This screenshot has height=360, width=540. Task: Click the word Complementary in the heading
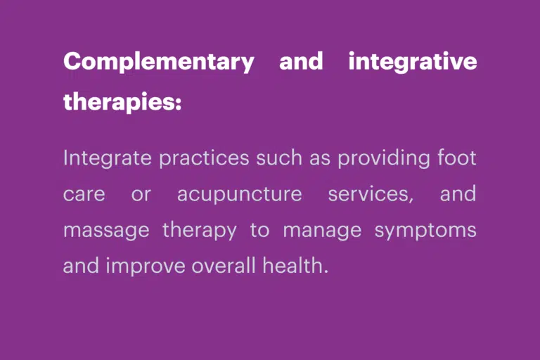[x=159, y=62]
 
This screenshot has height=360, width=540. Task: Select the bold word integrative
[x=413, y=62]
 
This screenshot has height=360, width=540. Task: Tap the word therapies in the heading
[x=119, y=102]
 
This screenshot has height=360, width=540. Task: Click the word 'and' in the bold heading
[x=301, y=60]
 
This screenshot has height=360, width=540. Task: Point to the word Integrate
[x=108, y=158]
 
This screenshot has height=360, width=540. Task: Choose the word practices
[x=204, y=158]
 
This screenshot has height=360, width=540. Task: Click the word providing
[x=384, y=158]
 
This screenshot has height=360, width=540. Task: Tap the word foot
[x=457, y=157]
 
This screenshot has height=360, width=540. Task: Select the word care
[x=84, y=194]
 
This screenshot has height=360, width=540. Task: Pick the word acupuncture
[x=239, y=194]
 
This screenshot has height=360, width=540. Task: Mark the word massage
[x=106, y=231]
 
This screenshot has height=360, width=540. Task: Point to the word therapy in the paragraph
[x=200, y=230]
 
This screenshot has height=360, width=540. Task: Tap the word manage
[x=322, y=231]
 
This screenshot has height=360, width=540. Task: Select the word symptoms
[x=425, y=230]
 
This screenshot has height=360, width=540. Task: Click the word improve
[x=146, y=266]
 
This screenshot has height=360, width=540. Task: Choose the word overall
[x=224, y=265]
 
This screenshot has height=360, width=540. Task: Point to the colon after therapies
[x=178, y=103]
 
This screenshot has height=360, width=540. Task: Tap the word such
[x=279, y=157]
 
